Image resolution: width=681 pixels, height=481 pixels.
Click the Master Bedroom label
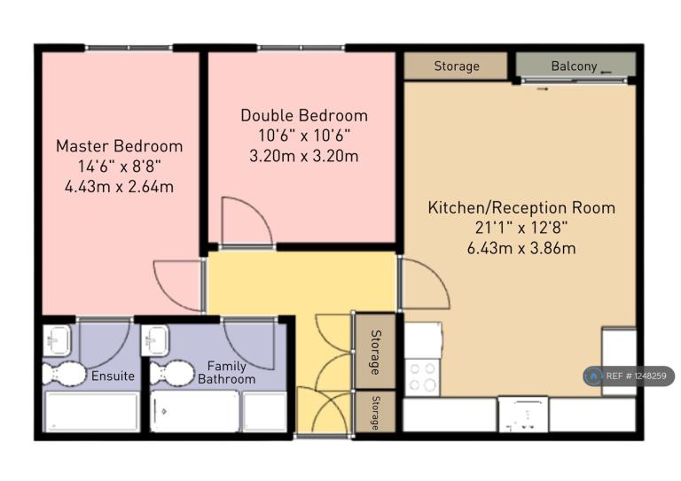120,146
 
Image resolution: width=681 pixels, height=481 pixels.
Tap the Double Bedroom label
304,115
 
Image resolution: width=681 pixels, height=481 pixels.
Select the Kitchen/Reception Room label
521,208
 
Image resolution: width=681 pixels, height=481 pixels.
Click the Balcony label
574,66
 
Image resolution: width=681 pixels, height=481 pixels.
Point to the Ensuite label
113,376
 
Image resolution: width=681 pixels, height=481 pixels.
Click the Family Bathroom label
227,373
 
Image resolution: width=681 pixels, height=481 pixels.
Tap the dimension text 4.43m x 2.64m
120,187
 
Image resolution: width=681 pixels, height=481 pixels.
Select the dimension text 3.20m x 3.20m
304,156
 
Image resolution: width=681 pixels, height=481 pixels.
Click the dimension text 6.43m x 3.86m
521,249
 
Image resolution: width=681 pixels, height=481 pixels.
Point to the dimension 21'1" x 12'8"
521,228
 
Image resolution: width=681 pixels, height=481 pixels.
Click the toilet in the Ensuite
64,374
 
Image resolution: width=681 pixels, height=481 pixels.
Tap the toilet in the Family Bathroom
172,373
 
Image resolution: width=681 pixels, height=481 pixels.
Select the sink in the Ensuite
57,339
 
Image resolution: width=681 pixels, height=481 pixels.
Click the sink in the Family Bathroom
155,340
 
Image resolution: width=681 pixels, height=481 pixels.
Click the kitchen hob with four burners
423,377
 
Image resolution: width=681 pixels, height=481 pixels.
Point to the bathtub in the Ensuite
92,412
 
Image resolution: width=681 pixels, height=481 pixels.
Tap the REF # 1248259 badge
629,376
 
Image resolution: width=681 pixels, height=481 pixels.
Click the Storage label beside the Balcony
457,66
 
